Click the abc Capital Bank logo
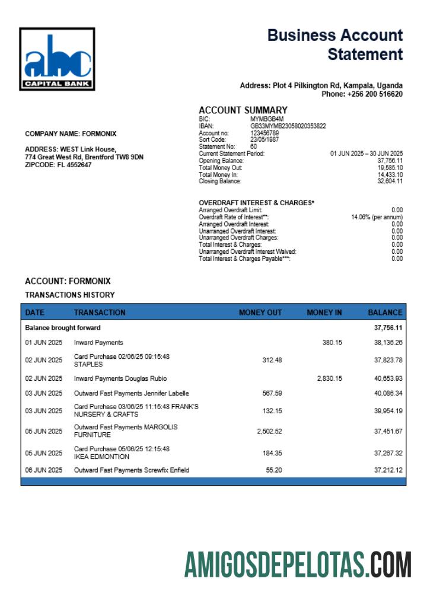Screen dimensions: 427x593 click(x=57, y=59)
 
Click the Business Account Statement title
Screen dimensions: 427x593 click(x=335, y=44)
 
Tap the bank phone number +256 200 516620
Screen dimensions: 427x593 click(x=362, y=94)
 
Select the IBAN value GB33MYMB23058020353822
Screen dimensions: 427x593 click(x=288, y=126)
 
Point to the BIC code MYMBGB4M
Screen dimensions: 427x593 click(x=267, y=119)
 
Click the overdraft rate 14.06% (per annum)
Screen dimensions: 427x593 click(x=377, y=217)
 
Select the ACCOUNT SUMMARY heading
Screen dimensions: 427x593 click(x=243, y=110)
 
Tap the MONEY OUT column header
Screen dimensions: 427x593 click(x=260, y=313)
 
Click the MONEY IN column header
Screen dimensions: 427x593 click(x=324, y=313)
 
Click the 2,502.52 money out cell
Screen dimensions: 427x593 click(x=269, y=431)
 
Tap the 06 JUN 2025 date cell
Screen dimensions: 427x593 click(x=43, y=470)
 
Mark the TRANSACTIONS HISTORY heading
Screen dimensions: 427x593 click(x=70, y=295)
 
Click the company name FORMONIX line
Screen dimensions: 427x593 click(x=71, y=133)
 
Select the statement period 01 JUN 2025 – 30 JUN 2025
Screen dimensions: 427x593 click(x=366, y=154)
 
